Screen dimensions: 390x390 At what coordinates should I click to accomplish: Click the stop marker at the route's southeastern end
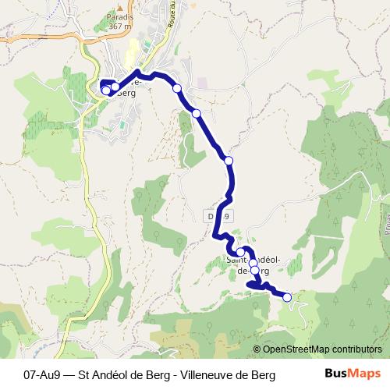[287, 297]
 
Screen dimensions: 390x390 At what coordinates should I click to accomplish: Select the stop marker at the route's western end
[106, 91]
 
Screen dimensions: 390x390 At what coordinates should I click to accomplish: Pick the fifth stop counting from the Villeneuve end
[229, 161]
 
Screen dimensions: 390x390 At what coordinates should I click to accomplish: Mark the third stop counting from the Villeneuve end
[177, 88]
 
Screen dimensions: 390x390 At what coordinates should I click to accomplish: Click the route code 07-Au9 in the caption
[46, 375]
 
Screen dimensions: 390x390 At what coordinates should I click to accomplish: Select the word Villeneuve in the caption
[211, 375]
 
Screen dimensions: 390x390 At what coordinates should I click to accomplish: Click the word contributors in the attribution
[359, 350]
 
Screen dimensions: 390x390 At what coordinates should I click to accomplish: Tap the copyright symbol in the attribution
[257, 350]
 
